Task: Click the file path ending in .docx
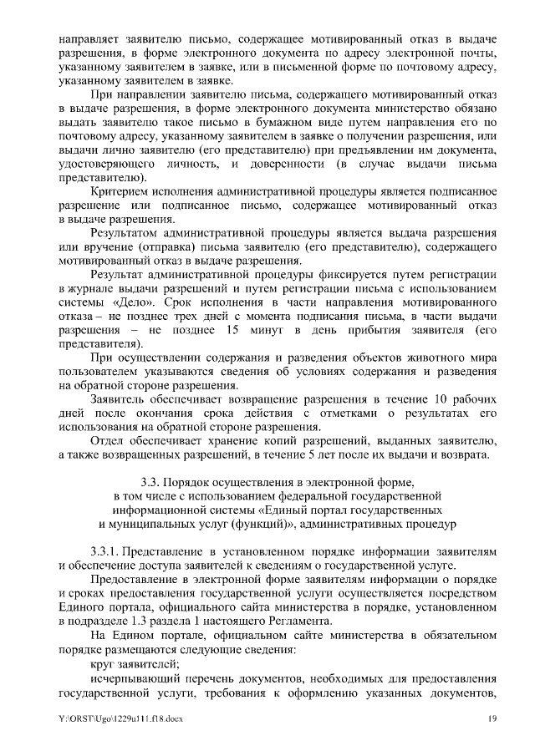(109, 718)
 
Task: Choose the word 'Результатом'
(127, 234)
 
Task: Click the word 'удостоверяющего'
(109, 165)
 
